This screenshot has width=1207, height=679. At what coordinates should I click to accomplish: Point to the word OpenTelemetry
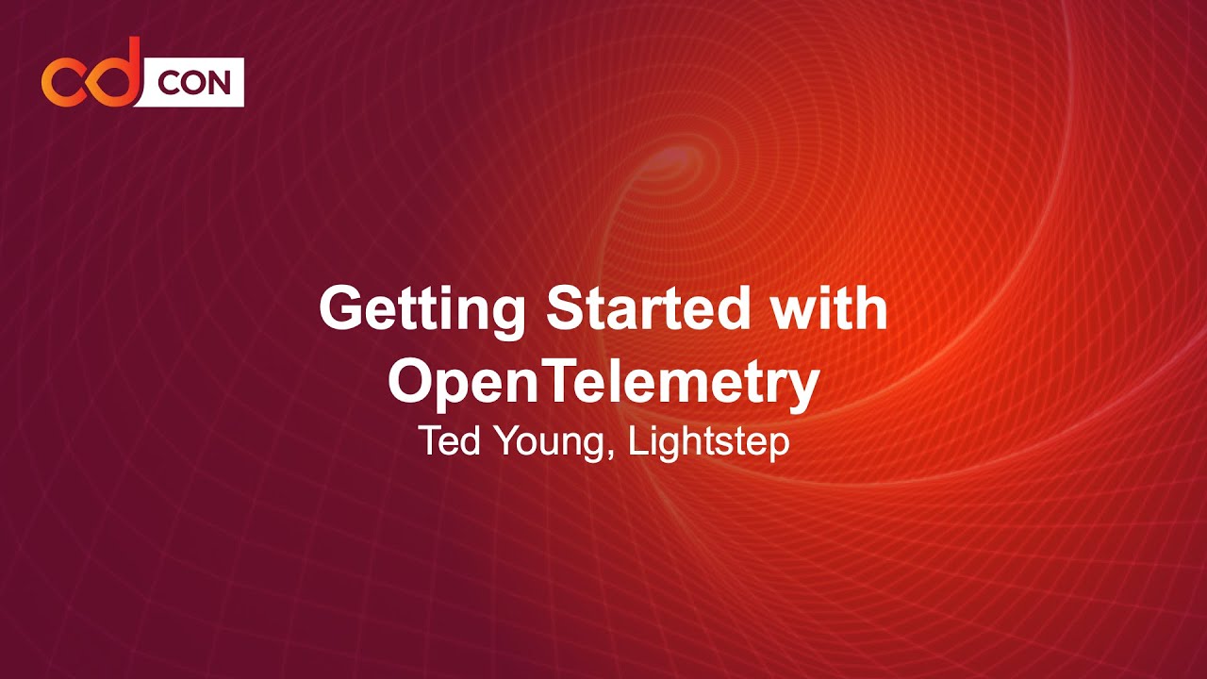pyautogui.click(x=603, y=382)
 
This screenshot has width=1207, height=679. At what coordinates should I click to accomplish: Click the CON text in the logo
pyautogui.click(x=193, y=83)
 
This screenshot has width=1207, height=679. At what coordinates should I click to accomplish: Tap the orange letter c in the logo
pyautogui.click(x=64, y=81)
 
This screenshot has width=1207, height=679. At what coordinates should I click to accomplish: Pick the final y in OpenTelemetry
pyautogui.click(x=802, y=389)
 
